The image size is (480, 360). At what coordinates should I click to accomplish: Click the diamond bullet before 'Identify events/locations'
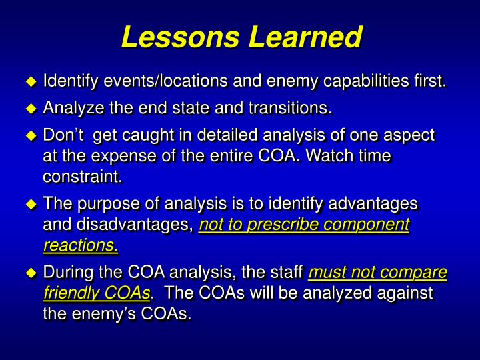[30, 83]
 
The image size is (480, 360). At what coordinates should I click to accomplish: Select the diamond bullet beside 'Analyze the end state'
[30, 109]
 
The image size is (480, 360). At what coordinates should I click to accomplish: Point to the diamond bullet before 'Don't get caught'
[30, 136]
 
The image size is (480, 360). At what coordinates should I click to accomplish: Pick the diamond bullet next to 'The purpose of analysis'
[30, 203]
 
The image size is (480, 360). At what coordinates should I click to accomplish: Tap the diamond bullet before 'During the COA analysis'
[30, 273]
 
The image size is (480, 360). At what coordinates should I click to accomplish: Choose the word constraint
[83, 178]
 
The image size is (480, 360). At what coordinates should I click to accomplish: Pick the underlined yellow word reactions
[81, 246]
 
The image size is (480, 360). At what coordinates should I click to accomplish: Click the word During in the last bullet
[67, 272]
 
